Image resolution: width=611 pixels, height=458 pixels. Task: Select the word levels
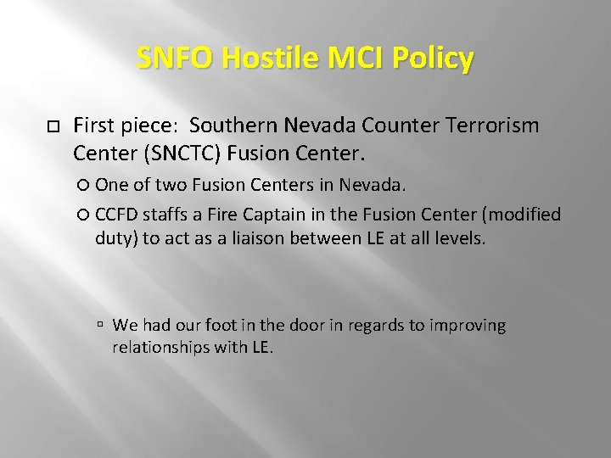pyautogui.click(x=460, y=238)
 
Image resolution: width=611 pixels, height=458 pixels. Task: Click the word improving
pyautogui.click(x=468, y=326)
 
